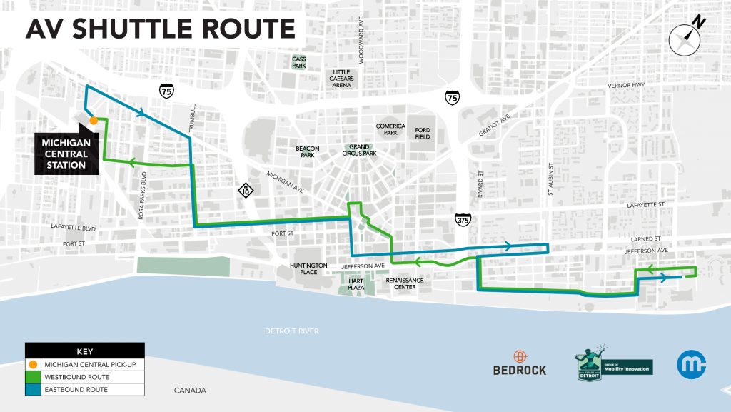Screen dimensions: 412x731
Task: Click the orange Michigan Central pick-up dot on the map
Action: (x=94, y=121)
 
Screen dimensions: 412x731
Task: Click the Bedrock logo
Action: (x=520, y=363)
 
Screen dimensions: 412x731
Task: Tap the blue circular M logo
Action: (x=691, y=365)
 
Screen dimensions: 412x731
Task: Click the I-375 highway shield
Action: (x=462, y=220)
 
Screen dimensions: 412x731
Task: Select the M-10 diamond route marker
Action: (x=246, y=191)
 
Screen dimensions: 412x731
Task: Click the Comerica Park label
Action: (x=390, y=129)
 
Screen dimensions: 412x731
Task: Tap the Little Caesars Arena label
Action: (x=342, y=79)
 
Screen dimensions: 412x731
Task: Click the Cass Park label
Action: (x=298, y=62)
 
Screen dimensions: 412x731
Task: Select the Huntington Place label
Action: (x=308, y=268)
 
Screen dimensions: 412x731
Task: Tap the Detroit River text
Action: (x=291, y=331)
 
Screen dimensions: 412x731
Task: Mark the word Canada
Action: (x=190, y=391)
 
